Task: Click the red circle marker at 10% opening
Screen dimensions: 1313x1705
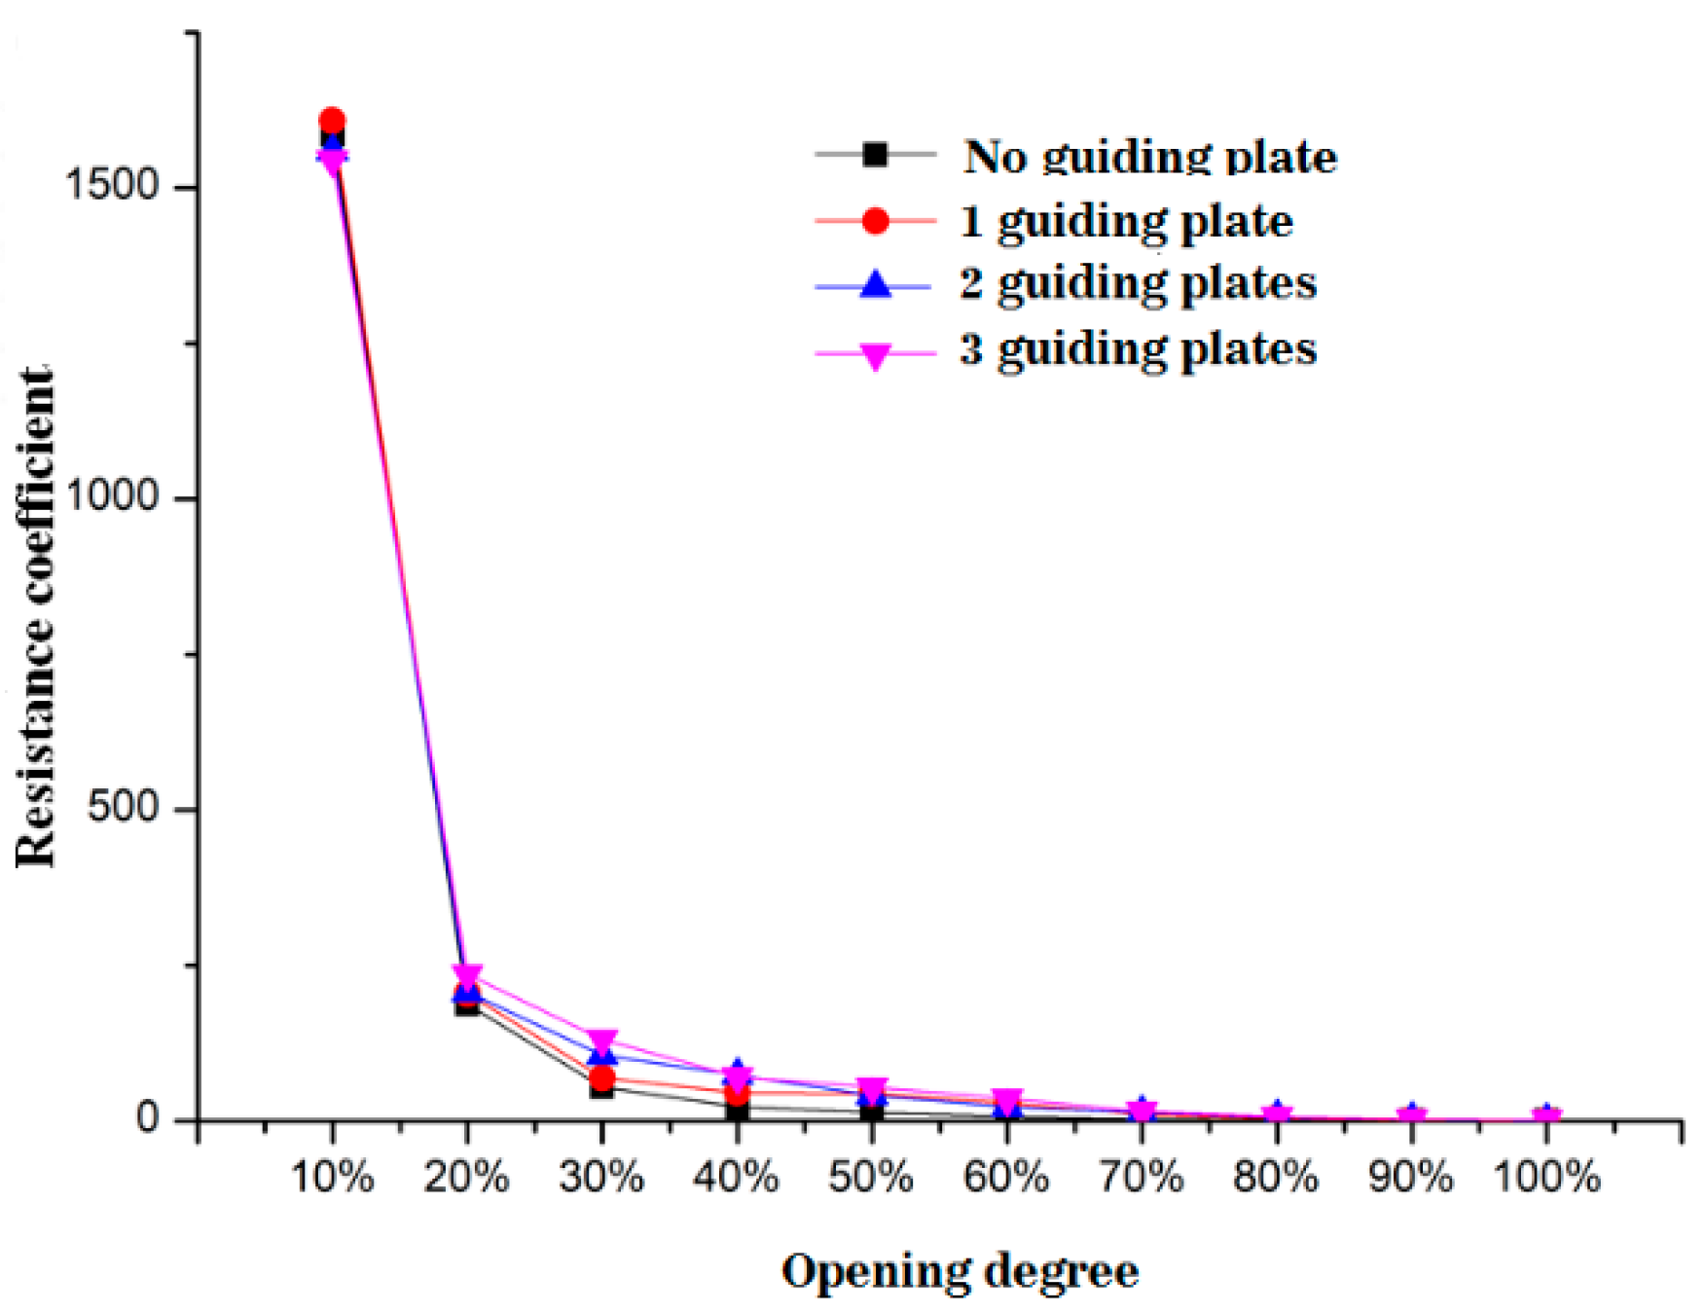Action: (x=332, y=121)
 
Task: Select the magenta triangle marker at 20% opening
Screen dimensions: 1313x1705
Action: (x=467, y=974)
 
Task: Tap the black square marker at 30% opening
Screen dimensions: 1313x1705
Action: (x=601, y=1088)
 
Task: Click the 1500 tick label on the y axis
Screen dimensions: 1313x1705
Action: (x=110, y=185)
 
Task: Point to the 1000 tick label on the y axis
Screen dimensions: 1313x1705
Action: (x=110, y=496)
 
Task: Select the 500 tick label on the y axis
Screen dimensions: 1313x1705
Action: (x=123, y=807)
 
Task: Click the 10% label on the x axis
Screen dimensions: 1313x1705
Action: (x=332, y=1178)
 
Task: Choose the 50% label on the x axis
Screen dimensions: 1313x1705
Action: (x=871, y=1178)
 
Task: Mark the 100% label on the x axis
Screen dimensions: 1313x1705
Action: (x=1546, y=1178)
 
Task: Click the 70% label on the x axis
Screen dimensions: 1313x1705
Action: (x=1142, y=1178)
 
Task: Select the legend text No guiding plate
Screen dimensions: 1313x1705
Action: (x=1150, y=157)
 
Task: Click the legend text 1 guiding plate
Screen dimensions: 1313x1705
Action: (x=1126, y=221)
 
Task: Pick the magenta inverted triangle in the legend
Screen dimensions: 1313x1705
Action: (x=876, y=356)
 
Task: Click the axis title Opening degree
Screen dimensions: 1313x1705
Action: (x=960, y=1271)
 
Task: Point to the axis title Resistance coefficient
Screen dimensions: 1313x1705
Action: (x=36, y=618)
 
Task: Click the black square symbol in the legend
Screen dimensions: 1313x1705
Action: (x=876, y=154)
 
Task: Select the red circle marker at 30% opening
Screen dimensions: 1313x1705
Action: (x=602, y=1077)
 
